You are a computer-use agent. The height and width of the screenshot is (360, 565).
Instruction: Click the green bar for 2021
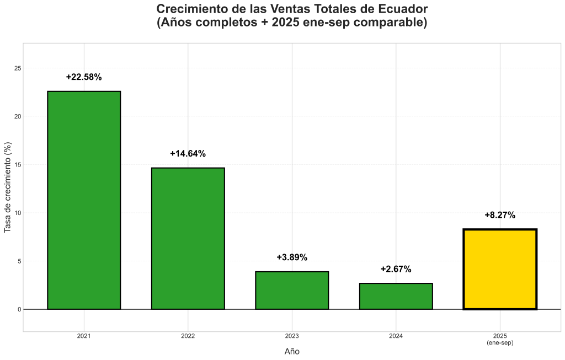[84, 200]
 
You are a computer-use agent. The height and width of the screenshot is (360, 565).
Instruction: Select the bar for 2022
[188, 238]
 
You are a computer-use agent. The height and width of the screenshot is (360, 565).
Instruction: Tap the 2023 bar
[292, 290]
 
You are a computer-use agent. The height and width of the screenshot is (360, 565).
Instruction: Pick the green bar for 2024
[396, 296]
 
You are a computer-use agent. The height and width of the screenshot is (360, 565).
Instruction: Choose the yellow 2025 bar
[500, 269]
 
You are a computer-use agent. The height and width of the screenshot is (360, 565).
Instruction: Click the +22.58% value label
[84, 77]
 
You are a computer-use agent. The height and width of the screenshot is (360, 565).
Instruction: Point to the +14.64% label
[188, 154]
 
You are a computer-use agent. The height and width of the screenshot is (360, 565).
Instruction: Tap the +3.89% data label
[292, 257]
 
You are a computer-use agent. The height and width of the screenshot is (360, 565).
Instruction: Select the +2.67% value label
[396, 269]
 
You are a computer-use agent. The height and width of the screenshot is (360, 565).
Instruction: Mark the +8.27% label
[500, 215]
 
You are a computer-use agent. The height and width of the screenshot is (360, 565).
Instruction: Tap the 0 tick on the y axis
[19, 309]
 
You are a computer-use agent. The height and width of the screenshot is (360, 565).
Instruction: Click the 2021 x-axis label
[84, 336]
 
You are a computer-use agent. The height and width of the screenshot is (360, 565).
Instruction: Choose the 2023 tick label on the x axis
[292, 336]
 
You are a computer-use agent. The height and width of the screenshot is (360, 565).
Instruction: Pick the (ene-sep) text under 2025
[500, 343]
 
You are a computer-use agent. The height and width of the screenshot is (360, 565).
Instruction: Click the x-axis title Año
[292, 351]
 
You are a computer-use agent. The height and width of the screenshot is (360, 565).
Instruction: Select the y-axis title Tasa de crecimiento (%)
[8, 187]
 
